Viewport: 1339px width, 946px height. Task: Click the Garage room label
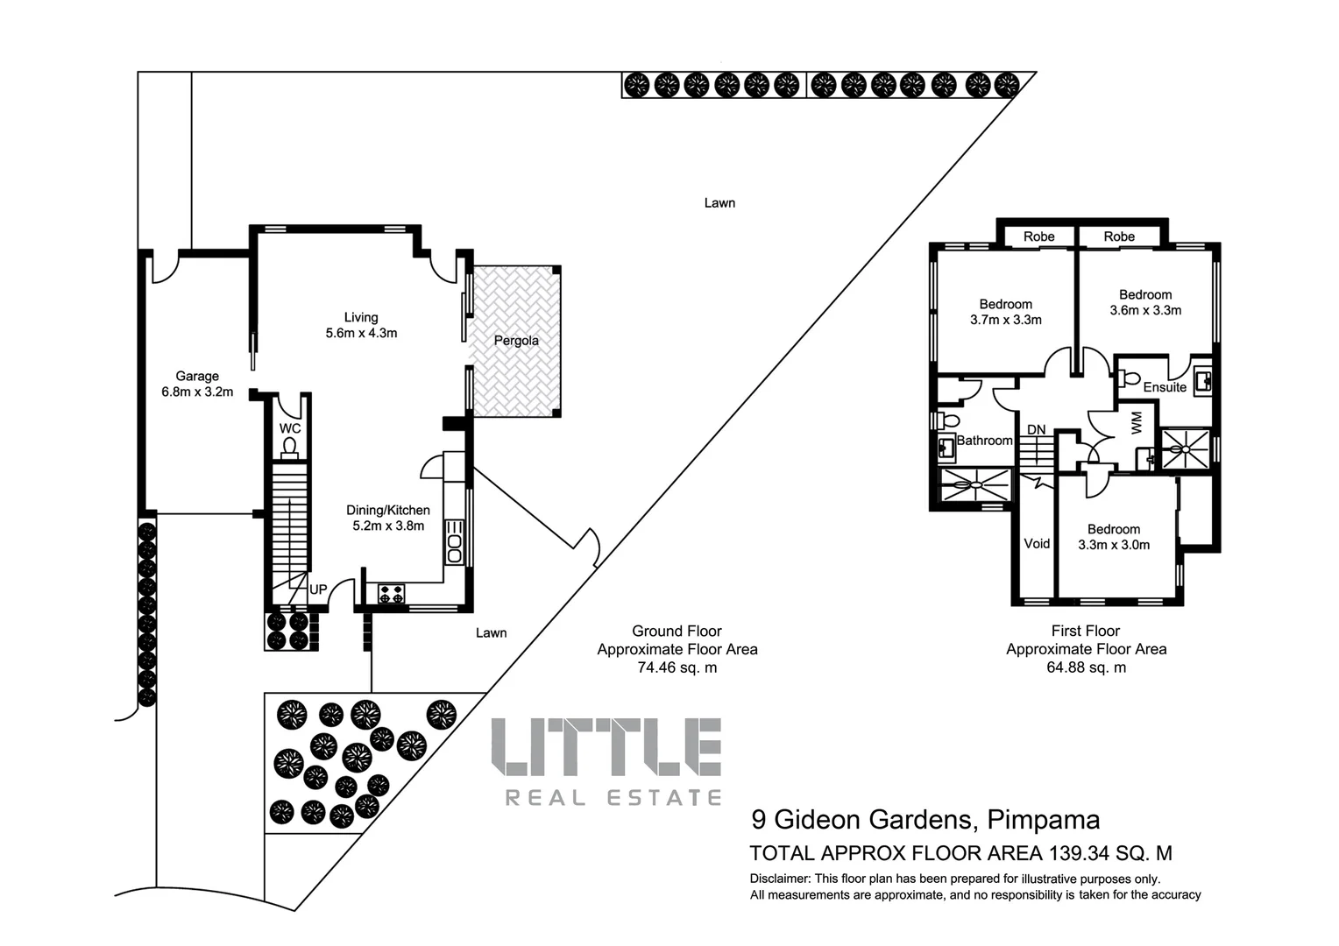(x=197, y=377)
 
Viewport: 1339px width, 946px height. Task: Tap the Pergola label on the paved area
(x=516, y=341)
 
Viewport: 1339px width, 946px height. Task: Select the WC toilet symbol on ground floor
(x=290, y=448)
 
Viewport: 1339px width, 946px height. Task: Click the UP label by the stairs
(x=318, y=589)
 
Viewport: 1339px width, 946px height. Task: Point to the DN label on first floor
(x=1037, y=429)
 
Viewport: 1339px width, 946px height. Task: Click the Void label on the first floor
(x=1037, y=544)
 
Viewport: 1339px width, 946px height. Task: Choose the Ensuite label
(x=1165, y=387)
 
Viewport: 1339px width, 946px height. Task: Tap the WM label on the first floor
(x=1137, y=423)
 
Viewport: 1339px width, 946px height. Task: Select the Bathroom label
(x=984, y=441)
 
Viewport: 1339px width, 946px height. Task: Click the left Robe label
(x=1039, y=236)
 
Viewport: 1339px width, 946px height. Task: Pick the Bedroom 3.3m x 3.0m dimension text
(x=1114, y=545)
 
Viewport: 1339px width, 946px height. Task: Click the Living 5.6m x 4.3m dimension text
(x=361, y=334)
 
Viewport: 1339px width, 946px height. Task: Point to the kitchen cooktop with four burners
(x=391, y=593)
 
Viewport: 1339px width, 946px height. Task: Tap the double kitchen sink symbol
(x=454, y=542)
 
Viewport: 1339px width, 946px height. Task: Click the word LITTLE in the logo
(x=606, y=747)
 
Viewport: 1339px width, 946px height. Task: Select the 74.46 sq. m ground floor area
(x=677, y=668)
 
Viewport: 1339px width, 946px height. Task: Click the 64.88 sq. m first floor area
(x=1086, y=668)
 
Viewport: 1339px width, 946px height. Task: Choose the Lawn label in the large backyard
(x=719, y=203)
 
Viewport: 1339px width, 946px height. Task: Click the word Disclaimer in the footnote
(x=779, y=879)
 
